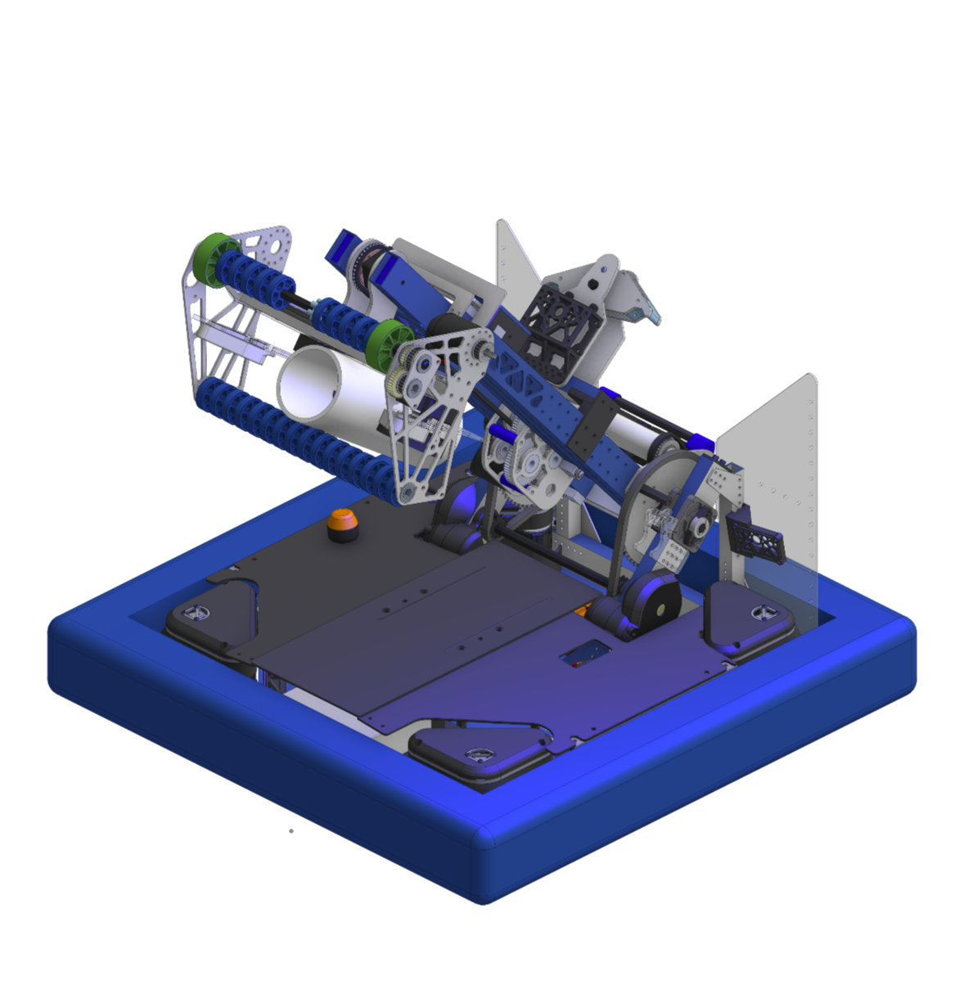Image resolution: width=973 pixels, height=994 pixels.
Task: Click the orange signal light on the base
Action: click(x=342, y=524)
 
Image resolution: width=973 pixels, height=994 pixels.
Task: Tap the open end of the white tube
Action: click(x=310, y=381)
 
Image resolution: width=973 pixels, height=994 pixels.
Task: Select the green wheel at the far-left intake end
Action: click(x=215, y=259)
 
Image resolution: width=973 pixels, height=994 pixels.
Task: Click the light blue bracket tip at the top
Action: click(x=651, y=310)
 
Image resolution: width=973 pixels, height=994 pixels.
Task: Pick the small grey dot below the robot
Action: click(x=291, y=831)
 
